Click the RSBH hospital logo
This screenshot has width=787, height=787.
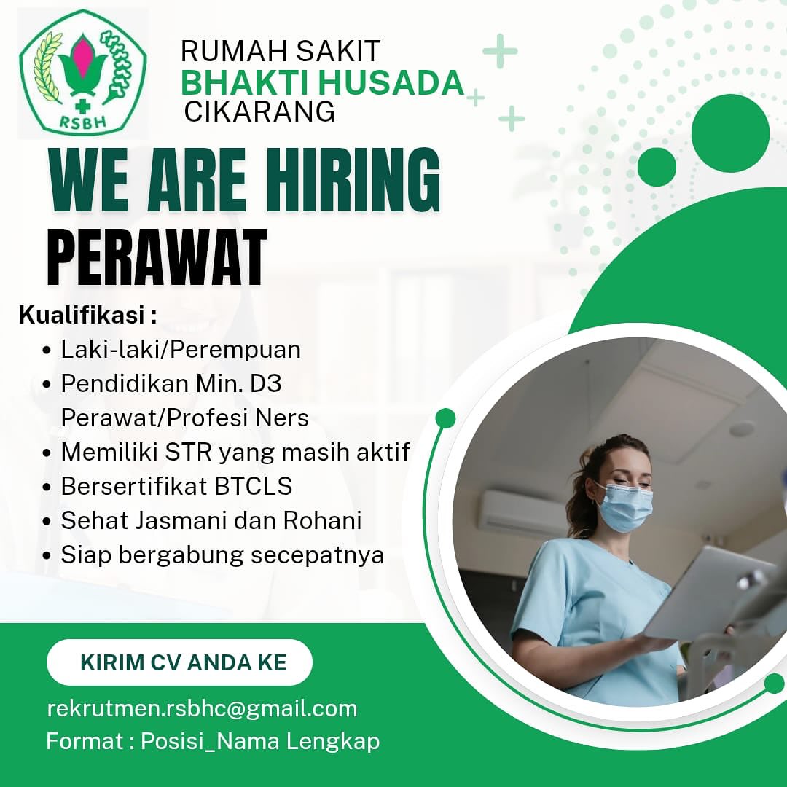pos(82,72)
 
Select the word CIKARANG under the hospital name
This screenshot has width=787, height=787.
pos(259,112)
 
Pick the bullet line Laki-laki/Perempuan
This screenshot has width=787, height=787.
pos(181,350)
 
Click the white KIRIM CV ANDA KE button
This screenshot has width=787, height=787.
pos(179,662)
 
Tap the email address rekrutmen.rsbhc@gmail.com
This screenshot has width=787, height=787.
pos(202,708)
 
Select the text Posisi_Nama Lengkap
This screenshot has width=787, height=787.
pos(260,742)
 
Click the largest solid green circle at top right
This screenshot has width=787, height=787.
pos(729,133)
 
